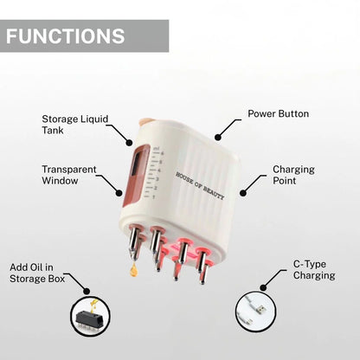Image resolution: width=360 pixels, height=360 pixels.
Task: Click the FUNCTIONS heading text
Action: (66, 36)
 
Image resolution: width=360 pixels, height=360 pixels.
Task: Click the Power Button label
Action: (278, 113)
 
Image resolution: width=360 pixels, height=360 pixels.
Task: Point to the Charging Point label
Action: (293, 176)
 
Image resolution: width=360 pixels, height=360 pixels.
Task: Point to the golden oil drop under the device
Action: (134, 270)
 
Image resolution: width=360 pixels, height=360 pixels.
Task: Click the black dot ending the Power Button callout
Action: (216, 137)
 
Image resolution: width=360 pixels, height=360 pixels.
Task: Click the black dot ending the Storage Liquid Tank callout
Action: (132, 143)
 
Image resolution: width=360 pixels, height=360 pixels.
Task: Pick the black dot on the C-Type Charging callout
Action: (260, 285)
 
